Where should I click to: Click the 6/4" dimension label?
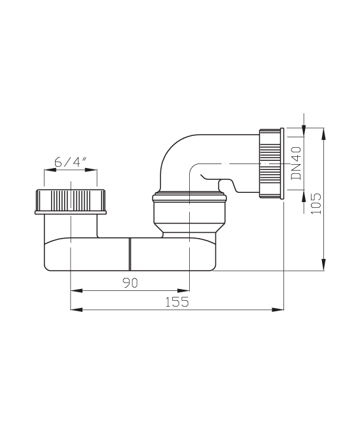(x=71, y=162)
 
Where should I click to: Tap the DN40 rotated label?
(x=297, y=163)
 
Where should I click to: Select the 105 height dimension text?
(x=315, y=203)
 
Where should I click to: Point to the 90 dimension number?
(x=130, y=282)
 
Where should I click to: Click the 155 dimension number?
(x=177, y=301)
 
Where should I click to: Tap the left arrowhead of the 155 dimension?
(x=76, y=309)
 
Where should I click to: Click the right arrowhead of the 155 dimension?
(x=278, y=309)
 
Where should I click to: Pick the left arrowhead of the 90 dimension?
(x=76, y=290)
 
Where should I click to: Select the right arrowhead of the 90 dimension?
(x=183, y=290)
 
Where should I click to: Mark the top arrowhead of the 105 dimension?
(x=323, y=133)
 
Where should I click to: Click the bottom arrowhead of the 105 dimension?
(x=323, y=265)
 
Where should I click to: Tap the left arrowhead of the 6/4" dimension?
(x=50, y=170)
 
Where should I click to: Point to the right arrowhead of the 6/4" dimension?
(x=91, y=170)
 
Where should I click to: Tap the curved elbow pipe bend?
(x=173, y=152)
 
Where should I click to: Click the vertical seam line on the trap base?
(x=130, y=254)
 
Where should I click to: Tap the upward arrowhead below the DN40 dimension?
(x=304, y=195)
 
